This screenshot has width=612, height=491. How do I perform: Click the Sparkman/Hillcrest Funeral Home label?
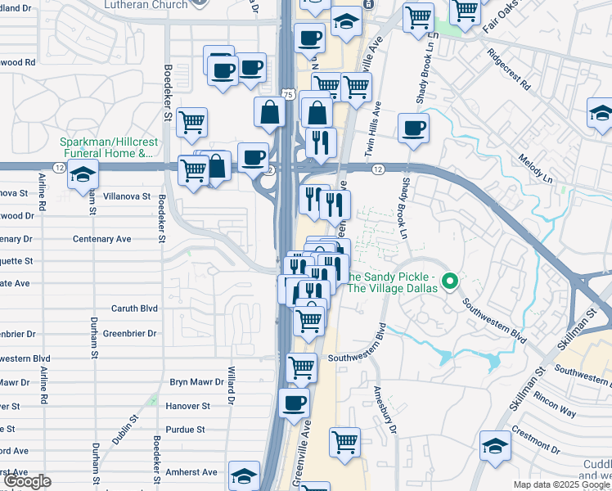pyautogui.click(x=106, y=146)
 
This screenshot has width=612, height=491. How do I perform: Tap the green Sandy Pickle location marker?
pyautogui.click(x=449, y=283)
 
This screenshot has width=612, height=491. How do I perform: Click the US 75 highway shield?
pyautogui.click(x=288, y=95)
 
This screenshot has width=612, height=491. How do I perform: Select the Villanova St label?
pyautogui.click(x=124, y=196)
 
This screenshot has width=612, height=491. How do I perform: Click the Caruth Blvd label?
pyautogui.click(x=134, y=309)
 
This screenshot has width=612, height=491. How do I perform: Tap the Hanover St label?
pyautogui.click(x=189, y=405)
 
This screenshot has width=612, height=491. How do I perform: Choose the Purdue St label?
pyautogui.click(x=184, y=429)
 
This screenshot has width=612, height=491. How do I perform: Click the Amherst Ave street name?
pyautogui.click(x=193, y=472)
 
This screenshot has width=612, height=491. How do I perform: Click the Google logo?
pyautogui.click(x=27, y=481)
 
